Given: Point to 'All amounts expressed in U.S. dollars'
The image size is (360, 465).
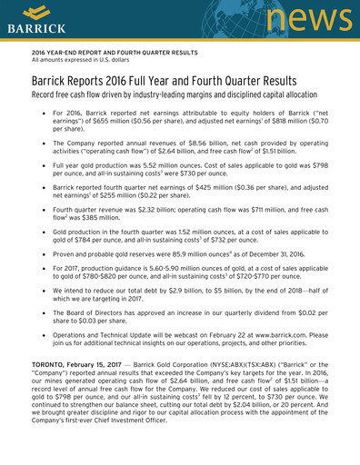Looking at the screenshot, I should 83,62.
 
